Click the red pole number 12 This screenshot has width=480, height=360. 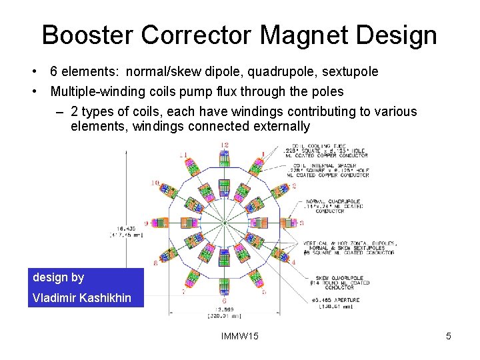click(225, 145)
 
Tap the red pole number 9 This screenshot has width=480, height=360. click(145, 223)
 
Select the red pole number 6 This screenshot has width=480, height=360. click(225, 301)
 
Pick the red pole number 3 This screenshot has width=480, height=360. click(301, 223)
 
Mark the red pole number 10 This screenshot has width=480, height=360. click(155, 182)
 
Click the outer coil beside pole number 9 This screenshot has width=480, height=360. click(161, 223)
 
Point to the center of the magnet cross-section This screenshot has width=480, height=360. click(225, 223)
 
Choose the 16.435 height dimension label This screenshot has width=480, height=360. click(126, 231)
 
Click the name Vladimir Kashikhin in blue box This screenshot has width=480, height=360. click(82, 298)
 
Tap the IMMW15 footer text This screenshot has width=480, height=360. click(239, 337)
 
